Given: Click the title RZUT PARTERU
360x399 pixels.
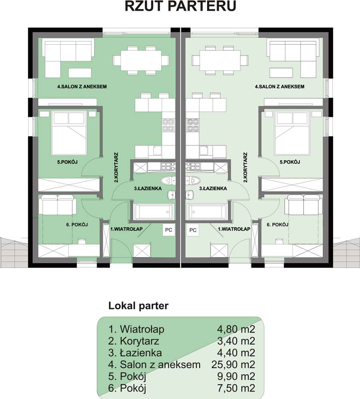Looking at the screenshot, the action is (x=180, y=6).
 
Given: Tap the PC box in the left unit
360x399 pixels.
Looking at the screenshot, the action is (x=168, y=230).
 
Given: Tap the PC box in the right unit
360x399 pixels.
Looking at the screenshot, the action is (x=193, y=230).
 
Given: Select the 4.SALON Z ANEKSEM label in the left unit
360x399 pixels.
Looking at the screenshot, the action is (x=82, y=87).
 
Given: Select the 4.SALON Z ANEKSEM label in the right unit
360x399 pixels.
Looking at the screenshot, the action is (x=279, y=87).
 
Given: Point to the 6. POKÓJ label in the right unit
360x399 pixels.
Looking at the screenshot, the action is (x=277, y=224).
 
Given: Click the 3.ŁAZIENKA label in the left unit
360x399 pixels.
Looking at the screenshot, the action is (x=148, y=189).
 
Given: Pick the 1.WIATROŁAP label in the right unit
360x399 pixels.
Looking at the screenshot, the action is (x=234, y=229).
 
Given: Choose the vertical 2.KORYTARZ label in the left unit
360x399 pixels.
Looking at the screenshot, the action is (x=116, y=167).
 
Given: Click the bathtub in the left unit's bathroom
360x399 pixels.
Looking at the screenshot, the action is (x=154, y=211).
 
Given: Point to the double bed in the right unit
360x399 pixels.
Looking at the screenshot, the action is (x=292, y=133).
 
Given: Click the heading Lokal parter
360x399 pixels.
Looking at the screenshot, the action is (x=138, y=306).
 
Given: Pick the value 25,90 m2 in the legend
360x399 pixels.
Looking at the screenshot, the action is (x=233, y=365).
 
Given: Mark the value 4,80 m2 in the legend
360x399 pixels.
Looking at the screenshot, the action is (x=236, y=329).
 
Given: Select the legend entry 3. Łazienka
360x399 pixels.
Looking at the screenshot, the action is (x=135, y=353).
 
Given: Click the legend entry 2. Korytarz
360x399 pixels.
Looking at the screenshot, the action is (x=134, y=341).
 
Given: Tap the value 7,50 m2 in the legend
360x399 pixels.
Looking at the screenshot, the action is (x=236, y=388).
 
